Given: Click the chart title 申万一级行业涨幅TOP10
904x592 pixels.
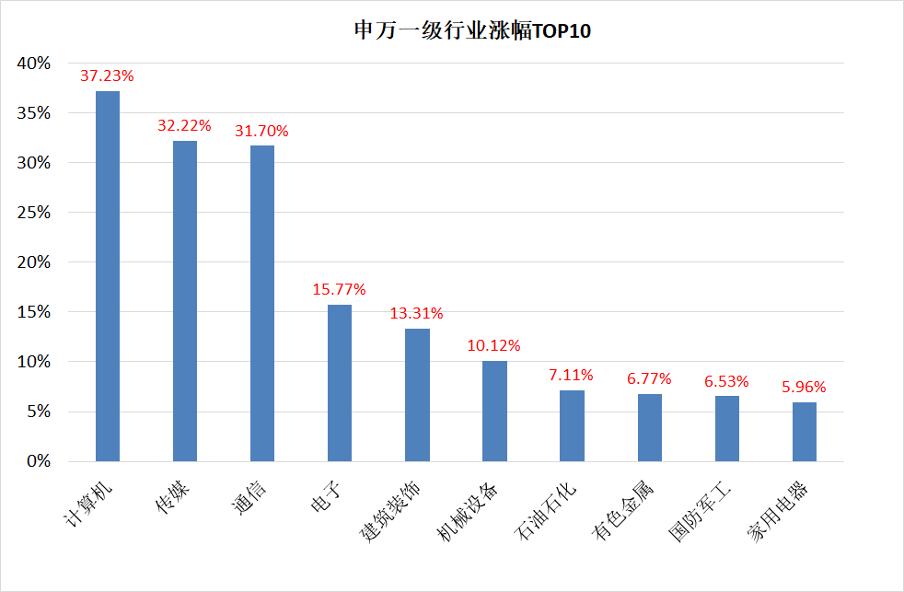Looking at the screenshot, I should (472, 30).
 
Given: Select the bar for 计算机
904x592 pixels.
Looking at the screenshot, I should (108, 276).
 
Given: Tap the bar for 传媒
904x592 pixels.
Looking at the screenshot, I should (185, 301).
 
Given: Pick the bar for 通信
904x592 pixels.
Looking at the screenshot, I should (262, 304).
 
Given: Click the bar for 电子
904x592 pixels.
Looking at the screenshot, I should (340, 383).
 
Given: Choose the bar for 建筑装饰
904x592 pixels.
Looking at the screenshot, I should (417, 395).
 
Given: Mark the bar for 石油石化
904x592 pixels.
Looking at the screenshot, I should (572, 426).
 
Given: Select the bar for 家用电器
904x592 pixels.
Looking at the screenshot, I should (804, 432).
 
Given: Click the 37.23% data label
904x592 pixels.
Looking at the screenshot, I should (107, 75).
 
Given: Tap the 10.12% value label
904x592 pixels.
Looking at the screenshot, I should (493, 346).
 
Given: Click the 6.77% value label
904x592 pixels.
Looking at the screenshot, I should (648, 378).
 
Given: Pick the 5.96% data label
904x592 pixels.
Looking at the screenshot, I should (803, 387).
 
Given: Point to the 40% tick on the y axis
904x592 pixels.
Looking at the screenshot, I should (34, 64).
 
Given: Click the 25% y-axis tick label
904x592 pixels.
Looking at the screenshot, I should (34, 213).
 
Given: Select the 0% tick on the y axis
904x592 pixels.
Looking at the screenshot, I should (38, 461).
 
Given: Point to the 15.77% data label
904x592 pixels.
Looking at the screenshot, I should (339, 289).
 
